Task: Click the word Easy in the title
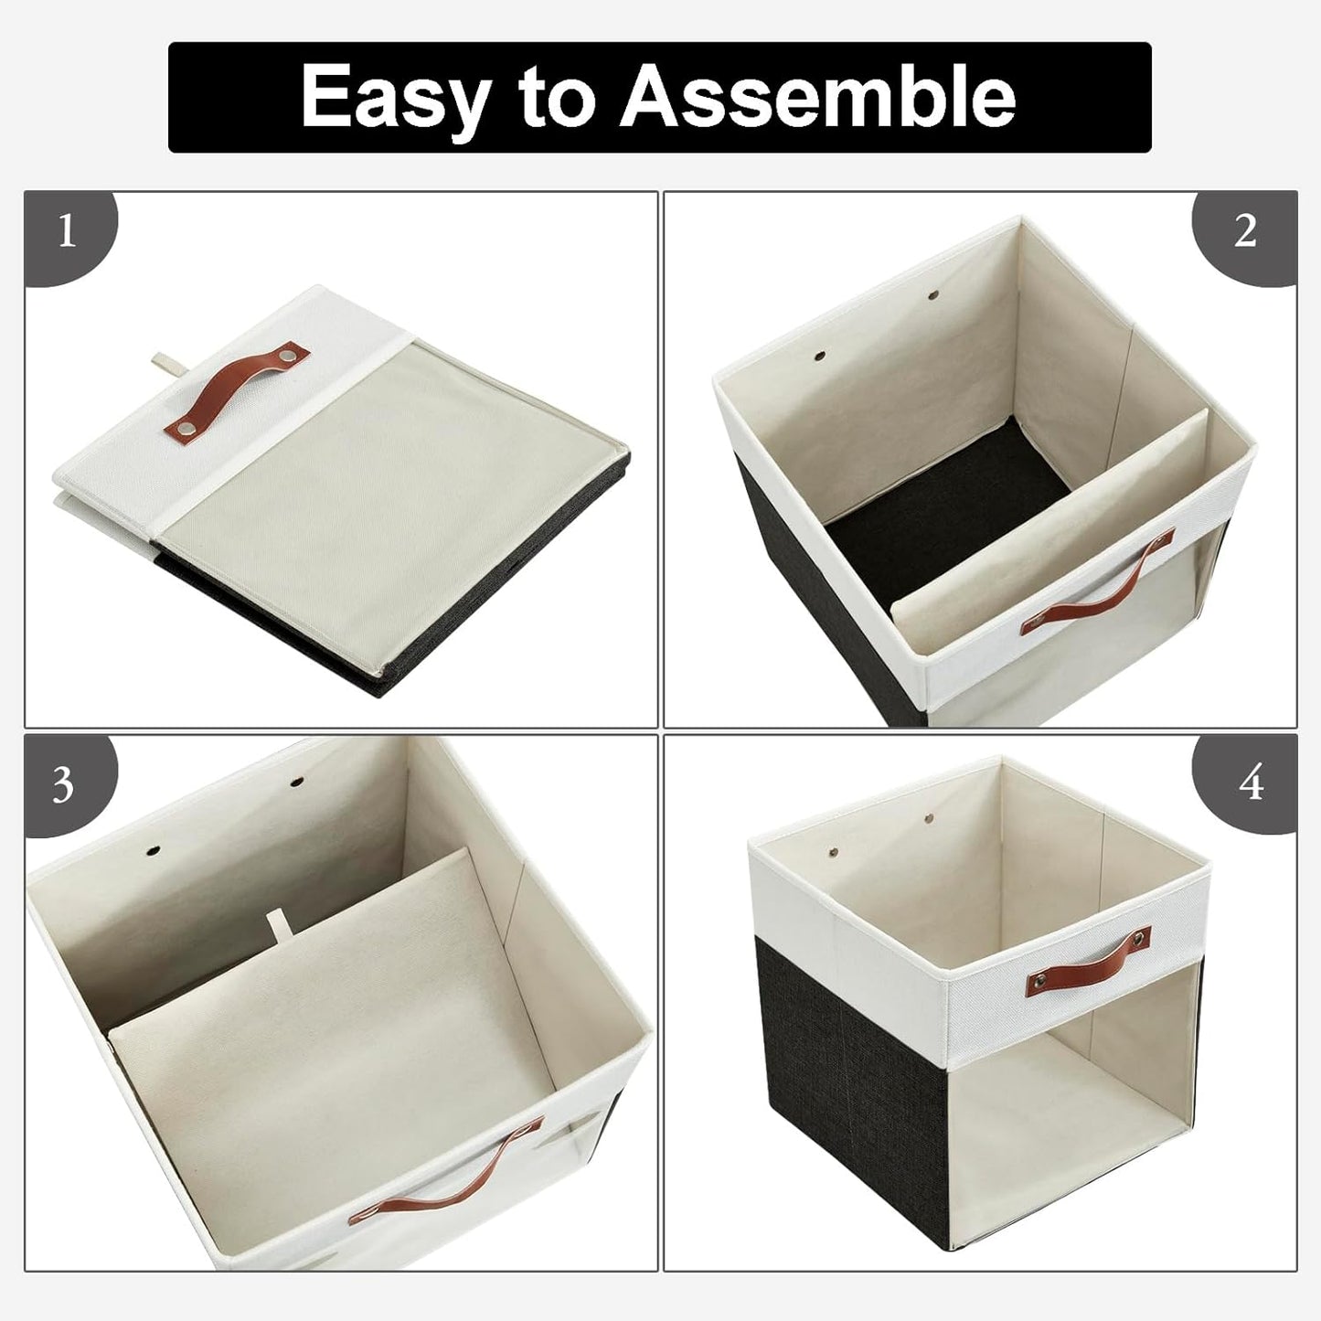(395, 97)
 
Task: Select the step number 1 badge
(66, 233)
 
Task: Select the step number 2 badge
(1245, 232)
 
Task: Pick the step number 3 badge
(63, 785)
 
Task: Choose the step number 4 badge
(1251, 784)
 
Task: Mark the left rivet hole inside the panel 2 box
(818, 353)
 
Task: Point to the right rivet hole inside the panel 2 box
(933, 295)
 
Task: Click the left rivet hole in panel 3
(152, 850)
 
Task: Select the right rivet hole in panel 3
(297, 782)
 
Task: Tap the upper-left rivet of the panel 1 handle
(291, 353)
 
